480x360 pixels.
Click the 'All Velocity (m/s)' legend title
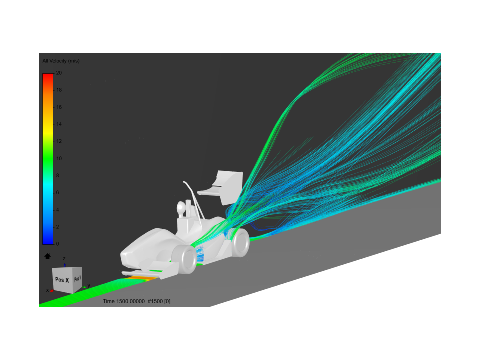[61, 61]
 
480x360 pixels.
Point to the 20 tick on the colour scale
[59, 73]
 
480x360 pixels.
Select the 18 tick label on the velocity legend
[59, 90]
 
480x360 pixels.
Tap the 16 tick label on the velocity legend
[59, 107]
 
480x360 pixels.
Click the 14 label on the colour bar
[59, 124]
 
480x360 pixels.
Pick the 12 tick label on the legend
[59, 141]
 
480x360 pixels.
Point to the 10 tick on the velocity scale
[59, 158]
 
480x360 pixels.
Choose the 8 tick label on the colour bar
[57, 175]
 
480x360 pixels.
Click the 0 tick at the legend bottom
[57, 244]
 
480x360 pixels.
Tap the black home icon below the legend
[48, 256]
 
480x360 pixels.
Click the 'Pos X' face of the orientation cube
[62, 280]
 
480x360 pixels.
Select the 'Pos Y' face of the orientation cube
[77, 278]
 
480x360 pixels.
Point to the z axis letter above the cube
[64, 259]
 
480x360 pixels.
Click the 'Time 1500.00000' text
[124, 301]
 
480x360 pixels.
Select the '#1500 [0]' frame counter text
[159, 301]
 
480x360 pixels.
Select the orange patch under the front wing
[139, 278]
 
